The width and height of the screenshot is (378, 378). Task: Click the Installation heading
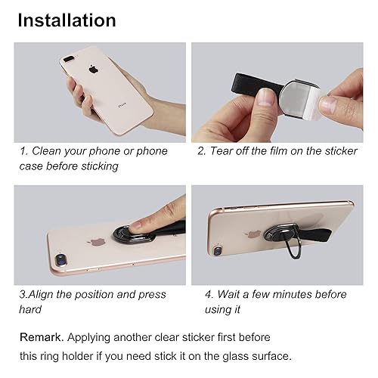tap(67, 20)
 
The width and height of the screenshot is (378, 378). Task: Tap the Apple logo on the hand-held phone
tap(94, 70)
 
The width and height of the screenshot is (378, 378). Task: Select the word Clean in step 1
tap(52, 150)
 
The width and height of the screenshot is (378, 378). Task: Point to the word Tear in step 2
tap(225, 150)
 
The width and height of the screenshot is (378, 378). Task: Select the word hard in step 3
tap(30, 309)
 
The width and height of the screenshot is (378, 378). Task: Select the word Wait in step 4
tap(231, 294)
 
